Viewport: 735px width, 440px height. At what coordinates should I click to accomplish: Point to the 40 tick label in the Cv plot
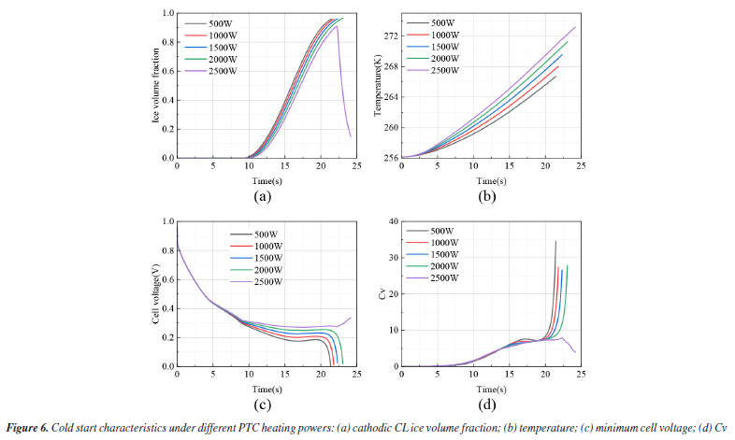click(x=394, y=221)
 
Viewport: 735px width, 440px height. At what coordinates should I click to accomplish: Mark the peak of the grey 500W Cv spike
click(x=555, y=241)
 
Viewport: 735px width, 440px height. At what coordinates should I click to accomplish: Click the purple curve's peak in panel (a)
click(x=337, y=26)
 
